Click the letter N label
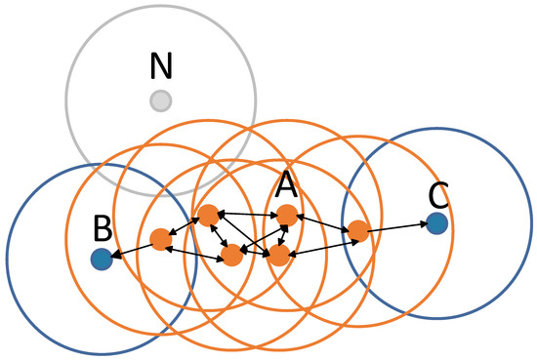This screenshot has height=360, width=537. point(160,66)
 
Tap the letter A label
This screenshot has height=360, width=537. point(286,182)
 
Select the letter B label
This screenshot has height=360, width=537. point(101,230)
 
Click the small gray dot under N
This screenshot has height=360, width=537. point(161,100)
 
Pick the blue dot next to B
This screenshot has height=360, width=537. point(101,259)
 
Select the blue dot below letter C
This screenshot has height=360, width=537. point(437,224)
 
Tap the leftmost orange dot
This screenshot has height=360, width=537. point(161,239)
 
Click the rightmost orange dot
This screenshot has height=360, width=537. point(358,231)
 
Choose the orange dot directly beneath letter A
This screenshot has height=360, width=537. point(286,214)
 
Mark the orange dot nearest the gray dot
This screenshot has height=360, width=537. point(207,215)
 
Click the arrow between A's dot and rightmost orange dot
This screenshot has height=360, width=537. point(322,222)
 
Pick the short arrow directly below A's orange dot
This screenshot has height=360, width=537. point(282,235)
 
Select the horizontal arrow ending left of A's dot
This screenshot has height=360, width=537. point(246,214)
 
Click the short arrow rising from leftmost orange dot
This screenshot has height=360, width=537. point(184,227)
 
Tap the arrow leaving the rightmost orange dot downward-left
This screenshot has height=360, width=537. point(319,244)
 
